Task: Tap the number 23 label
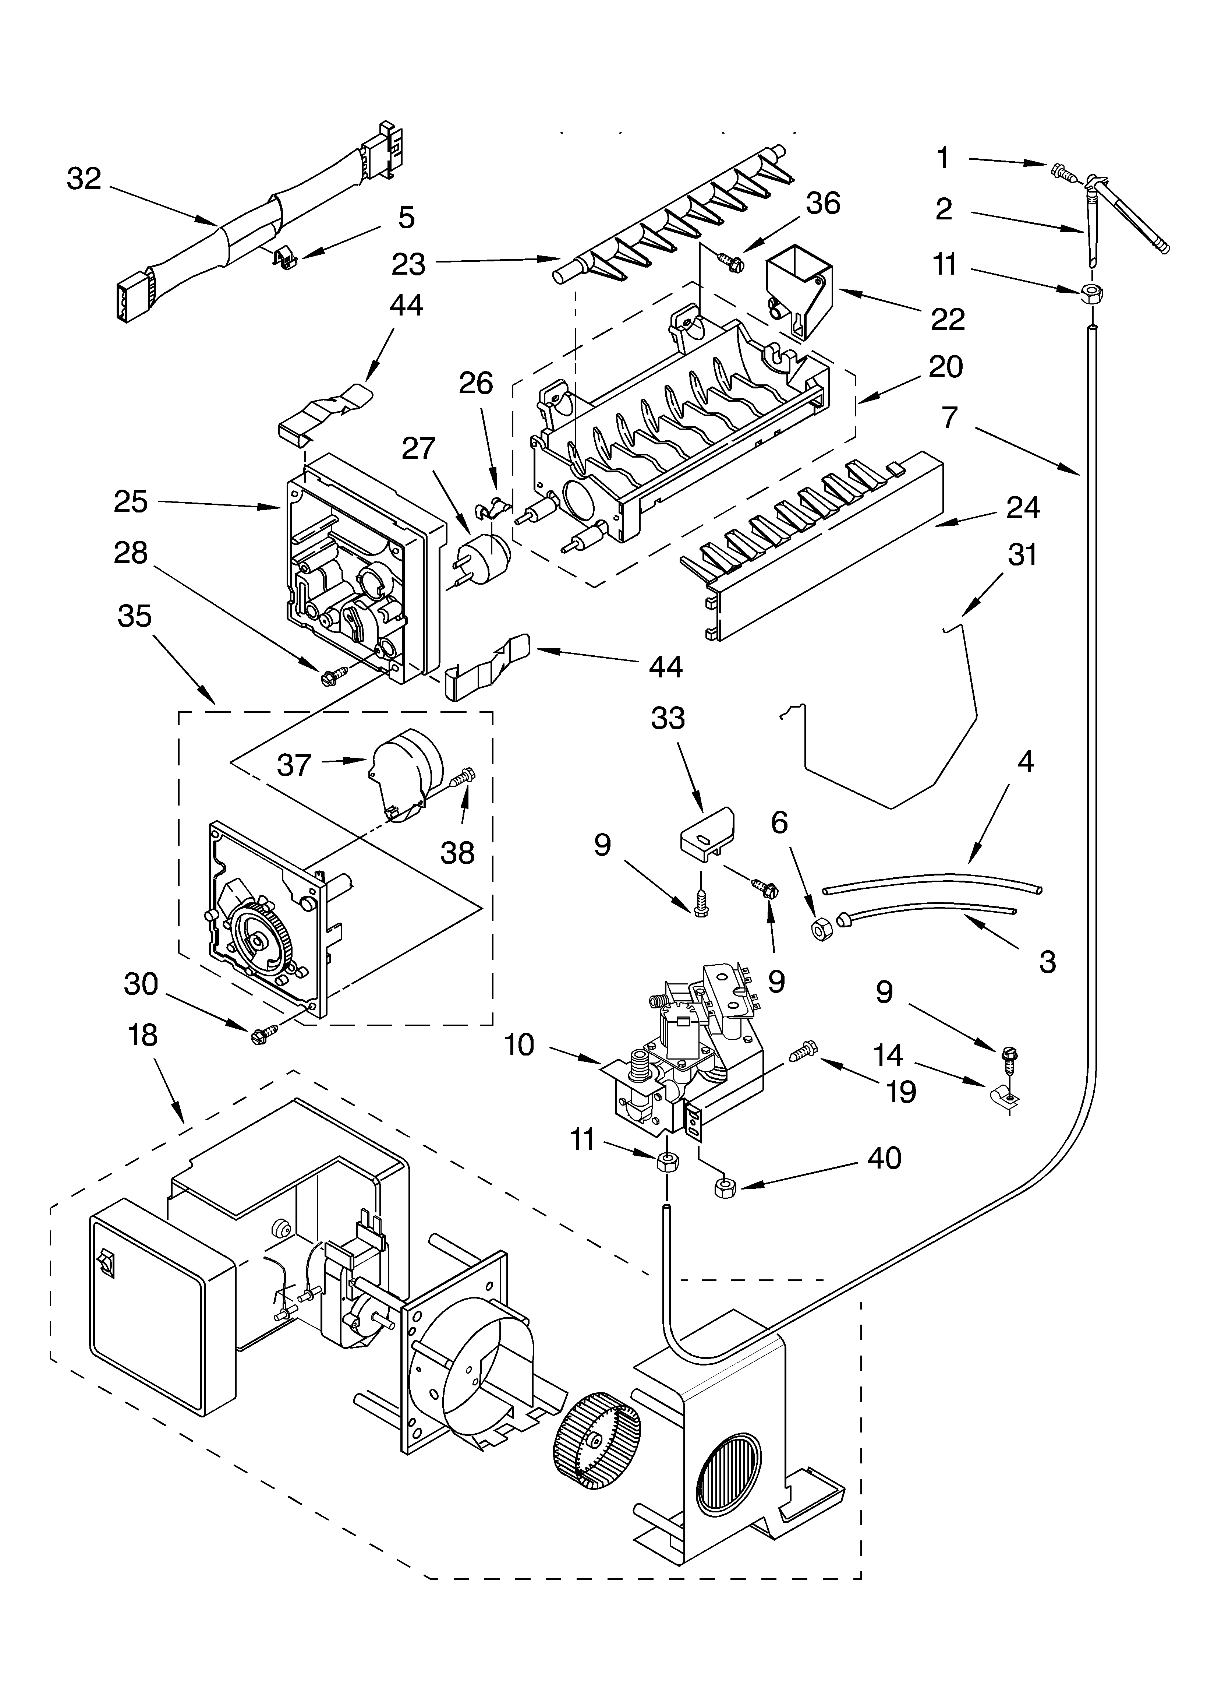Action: pyautogui.click(x=408, y=264)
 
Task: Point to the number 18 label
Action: pyautogui.click(x=142, y=1035)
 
